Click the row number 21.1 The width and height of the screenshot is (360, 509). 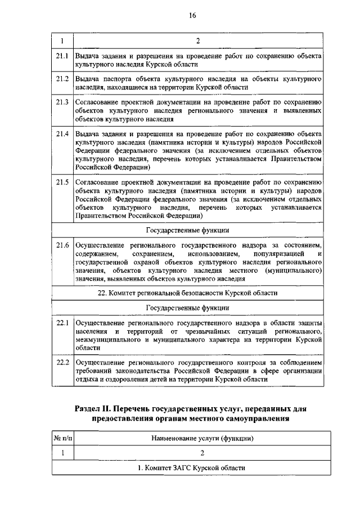pos(62,57)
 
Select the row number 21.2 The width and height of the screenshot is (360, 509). pos(62,79)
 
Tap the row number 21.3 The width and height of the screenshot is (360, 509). pos(62,102)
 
